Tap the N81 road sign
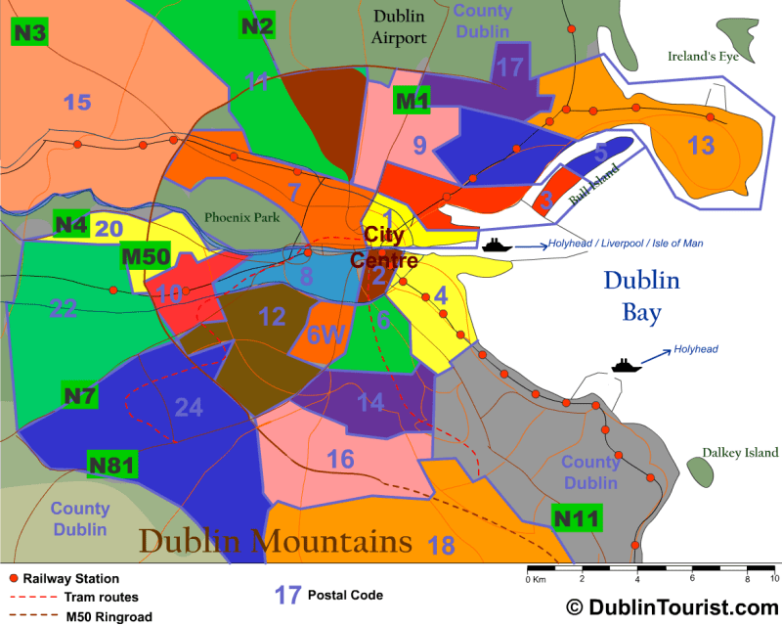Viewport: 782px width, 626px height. click(x=111, y=464)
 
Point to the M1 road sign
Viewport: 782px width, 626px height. click(x=413, y=100)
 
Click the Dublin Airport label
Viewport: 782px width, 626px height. click(x=399, y=26)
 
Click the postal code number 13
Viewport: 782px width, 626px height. click(x=701, y=147)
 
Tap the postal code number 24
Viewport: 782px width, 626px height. click(x=189, y=407)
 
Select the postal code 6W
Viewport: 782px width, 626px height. click(x=327, y=335)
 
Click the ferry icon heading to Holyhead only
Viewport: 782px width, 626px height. click(x=623, y=365)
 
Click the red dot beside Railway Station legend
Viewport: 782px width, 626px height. click(x=14, y=579)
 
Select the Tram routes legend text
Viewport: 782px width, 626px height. click(x=101, y=598)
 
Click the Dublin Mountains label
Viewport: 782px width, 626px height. click(x=275, y=541)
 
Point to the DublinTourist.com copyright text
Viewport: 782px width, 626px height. click(x=671, y=607)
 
